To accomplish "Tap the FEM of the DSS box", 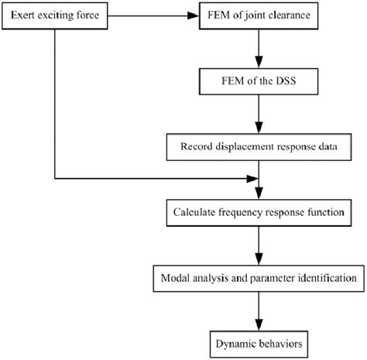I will (x=259, y=78).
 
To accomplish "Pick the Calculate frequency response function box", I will (x=259, y=211).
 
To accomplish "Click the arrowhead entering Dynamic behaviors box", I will (x=259, y=325).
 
